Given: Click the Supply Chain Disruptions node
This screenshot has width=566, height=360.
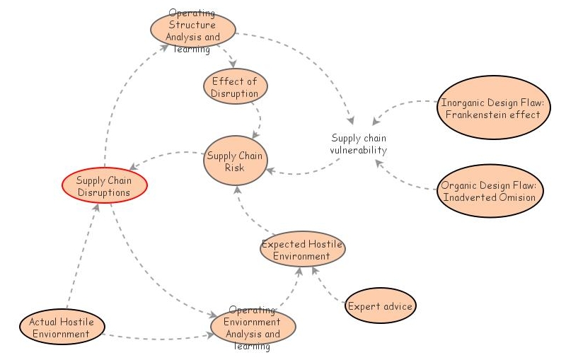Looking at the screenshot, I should [103, 185].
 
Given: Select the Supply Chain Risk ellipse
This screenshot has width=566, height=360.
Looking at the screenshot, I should [234, 161].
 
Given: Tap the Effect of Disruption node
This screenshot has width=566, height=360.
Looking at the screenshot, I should [234, 87].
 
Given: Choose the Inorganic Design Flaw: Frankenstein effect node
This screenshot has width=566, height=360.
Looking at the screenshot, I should [491, 108].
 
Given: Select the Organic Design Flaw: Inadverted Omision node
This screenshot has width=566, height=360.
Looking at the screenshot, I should [490, 191].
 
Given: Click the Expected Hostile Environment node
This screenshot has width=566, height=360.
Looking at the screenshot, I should [302, 250].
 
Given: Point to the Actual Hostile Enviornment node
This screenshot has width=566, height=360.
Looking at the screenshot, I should [62, 327].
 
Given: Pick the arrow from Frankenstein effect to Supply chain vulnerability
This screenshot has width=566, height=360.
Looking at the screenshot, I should [407, 105].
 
